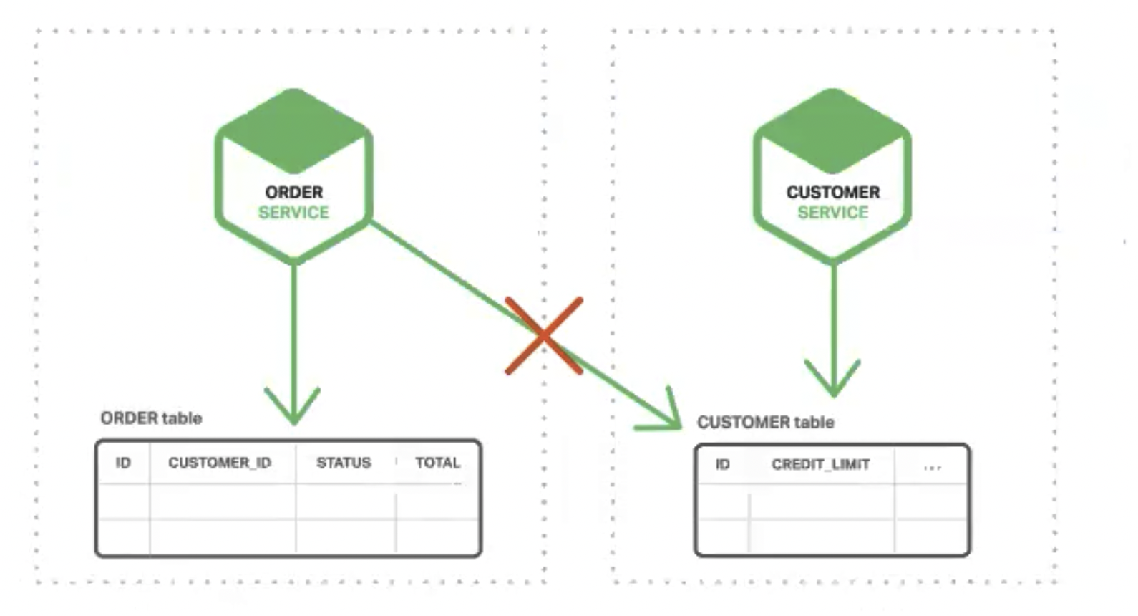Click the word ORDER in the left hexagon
(293, 192)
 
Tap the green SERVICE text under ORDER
(293, 213)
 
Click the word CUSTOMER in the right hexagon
(833, 192)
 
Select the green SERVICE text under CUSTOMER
(833, 213)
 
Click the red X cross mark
(544, 336)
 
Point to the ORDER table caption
(151, 418)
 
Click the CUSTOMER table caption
(765, 423)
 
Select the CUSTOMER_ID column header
(220, 463)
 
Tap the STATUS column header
(344, 463)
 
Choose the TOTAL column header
(437, 463)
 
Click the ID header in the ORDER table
(123, 463)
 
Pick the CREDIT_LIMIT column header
(820, 465)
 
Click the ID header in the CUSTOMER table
(723, 465)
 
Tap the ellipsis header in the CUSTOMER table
(932, 466)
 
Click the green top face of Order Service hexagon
(293, 129)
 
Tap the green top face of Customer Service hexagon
(832, 129)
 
